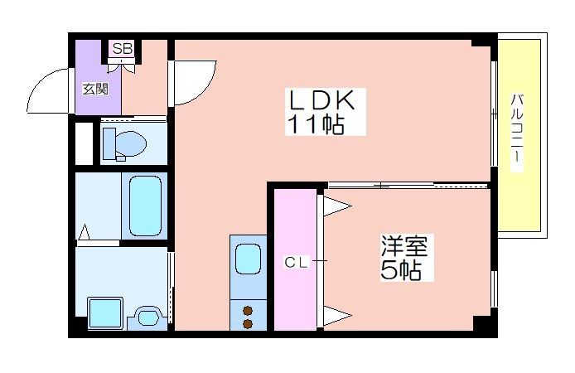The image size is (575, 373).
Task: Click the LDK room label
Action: coord(322,100)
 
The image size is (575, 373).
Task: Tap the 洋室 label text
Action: coord(404,245)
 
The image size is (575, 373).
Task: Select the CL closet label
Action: coord(296,262)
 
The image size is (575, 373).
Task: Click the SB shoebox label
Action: coord(122,48)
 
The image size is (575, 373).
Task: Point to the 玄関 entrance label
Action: coord(95,89)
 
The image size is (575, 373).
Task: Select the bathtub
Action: coord(145,206)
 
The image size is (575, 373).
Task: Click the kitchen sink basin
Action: coord(249,259)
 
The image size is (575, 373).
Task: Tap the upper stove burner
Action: coord(248,311)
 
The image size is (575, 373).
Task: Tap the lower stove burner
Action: coord(248,324)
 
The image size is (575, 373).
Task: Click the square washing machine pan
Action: coord(105,312)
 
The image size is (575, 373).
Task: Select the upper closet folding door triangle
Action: coord(336,206)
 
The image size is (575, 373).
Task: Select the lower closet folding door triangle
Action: coord(336,315)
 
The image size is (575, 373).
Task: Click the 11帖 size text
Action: coord(316,124)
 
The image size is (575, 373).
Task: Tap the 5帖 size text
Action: coord(400,270)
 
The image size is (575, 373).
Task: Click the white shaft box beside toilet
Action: coord(84,143)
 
